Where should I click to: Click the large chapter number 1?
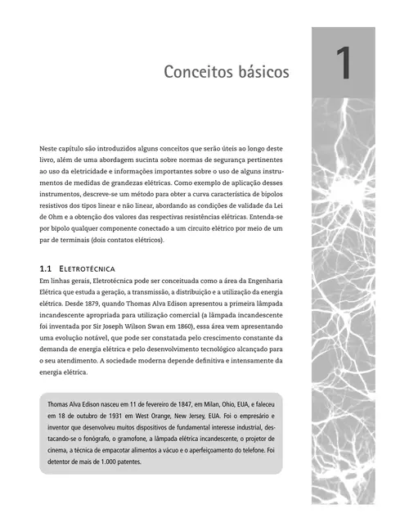pos(343,66)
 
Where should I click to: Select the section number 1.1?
pos(46,268)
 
